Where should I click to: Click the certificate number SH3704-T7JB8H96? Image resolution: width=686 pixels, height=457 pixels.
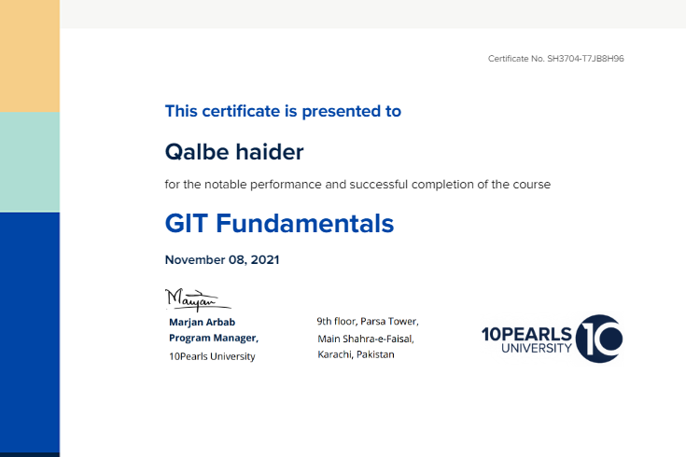click(585, 59)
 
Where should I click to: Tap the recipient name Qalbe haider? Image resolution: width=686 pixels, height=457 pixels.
click(234, 152)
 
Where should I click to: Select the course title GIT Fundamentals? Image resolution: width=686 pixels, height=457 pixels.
click(279, 224)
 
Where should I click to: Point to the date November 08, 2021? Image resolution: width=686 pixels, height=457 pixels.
click(222, 260)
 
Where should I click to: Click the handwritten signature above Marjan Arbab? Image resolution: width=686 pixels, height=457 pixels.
click(197, 300)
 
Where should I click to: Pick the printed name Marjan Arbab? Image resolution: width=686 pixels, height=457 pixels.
click(203, 323)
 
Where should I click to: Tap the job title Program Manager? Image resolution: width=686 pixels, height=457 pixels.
click(214, 338)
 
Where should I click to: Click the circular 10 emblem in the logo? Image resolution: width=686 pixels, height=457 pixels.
click(599, 339)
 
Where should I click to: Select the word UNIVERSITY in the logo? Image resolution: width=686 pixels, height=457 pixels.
click(537, 349)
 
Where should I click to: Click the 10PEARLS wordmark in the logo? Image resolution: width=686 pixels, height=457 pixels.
click(526, 334)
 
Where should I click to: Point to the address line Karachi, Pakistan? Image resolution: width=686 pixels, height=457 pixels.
click(356, 354)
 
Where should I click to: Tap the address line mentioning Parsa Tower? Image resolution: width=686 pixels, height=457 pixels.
click(368, 322)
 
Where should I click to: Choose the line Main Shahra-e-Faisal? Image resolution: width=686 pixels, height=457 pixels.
click(366, 339)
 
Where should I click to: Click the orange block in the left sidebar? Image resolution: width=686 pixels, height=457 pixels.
click(30, 56)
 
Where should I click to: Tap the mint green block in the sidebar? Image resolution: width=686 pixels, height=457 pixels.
click(30, 162)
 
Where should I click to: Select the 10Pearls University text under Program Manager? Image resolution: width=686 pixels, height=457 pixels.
click(212, 356)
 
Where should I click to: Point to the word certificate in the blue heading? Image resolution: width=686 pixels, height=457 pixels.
click(241, 112)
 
